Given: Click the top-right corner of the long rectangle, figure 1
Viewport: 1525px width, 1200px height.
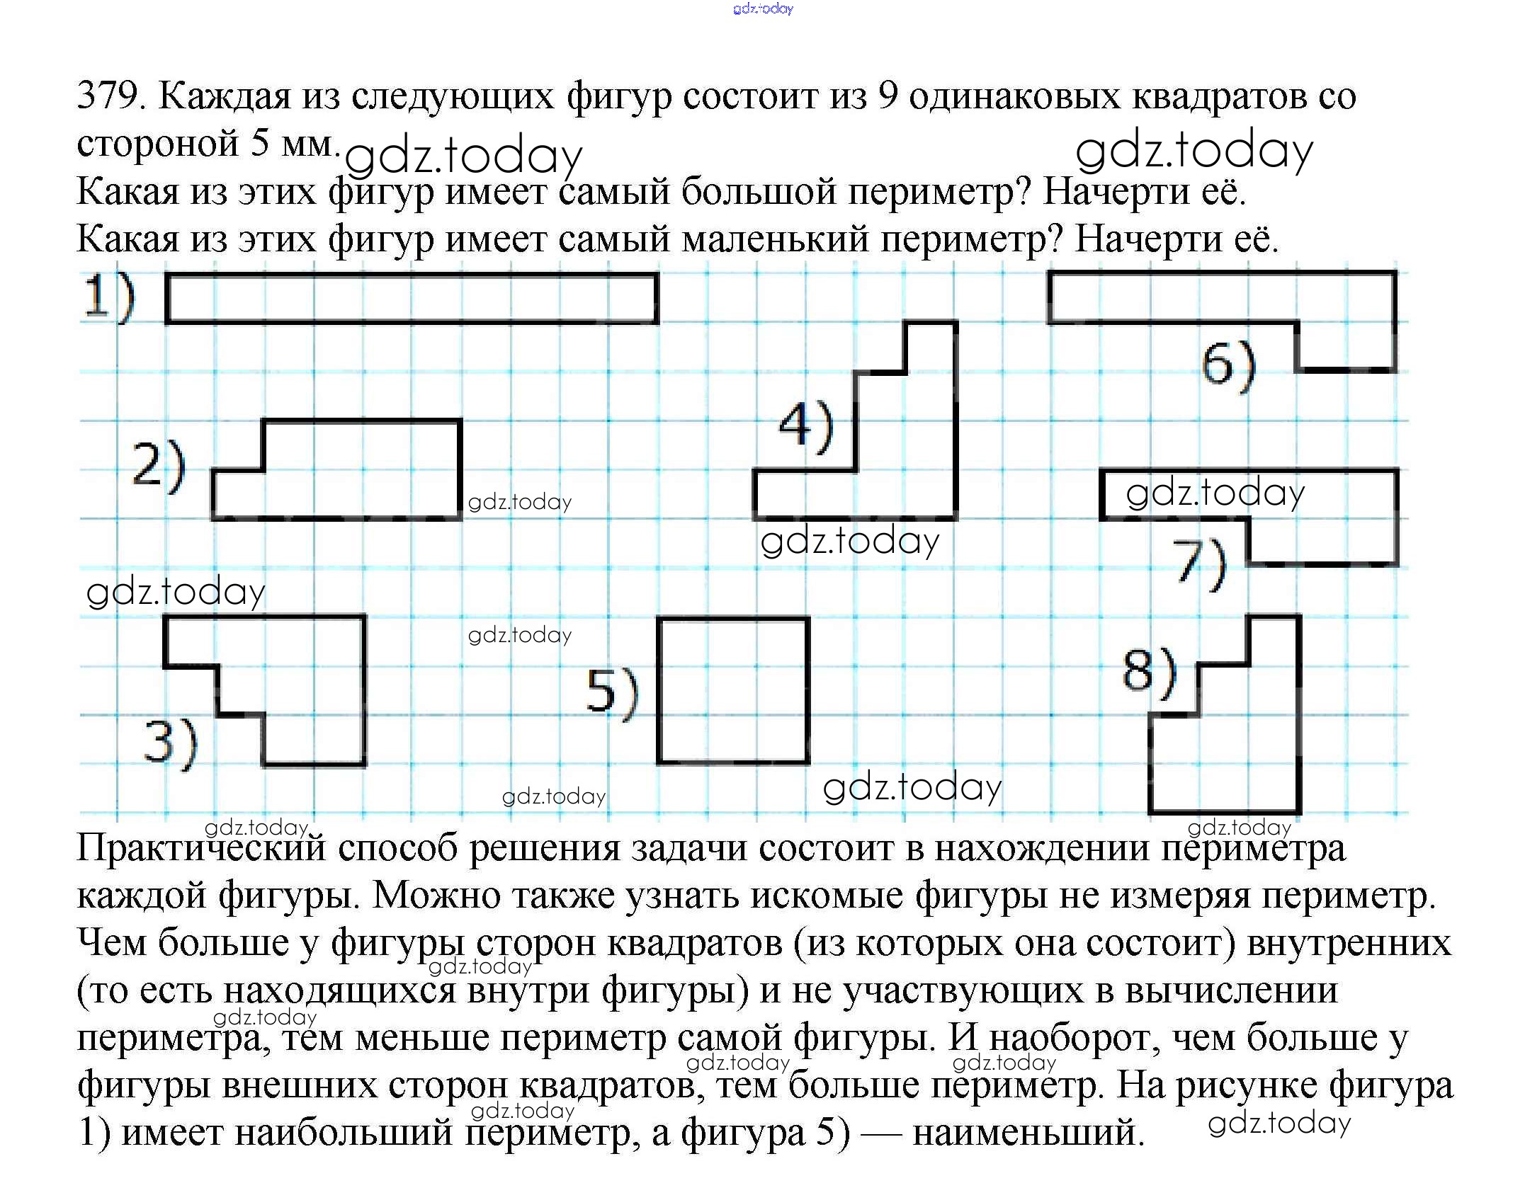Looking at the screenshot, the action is [657, 275].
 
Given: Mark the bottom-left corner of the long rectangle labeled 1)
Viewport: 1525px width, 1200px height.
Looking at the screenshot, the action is [167, 323].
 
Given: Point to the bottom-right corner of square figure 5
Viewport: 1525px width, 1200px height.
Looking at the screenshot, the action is [808, 762].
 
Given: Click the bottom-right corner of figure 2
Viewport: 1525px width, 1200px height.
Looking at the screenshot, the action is [460, 518].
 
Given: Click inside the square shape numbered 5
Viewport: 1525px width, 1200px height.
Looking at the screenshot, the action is [733, 691].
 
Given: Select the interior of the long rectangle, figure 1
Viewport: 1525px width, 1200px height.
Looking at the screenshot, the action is [412, 299].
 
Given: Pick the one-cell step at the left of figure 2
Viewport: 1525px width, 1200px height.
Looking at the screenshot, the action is [238, 494].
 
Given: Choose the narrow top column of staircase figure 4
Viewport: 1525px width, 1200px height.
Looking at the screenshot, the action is [931, 347].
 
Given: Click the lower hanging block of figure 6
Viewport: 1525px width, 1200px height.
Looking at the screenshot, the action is [1346, 346].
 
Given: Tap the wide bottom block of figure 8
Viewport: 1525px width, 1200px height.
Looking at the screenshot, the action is [1225, 764].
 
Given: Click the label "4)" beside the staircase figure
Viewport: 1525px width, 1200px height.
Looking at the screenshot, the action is [806, 427].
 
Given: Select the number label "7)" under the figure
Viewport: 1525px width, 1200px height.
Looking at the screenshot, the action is [1199, 564].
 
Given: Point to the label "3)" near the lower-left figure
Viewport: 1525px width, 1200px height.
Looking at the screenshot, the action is [170, 743].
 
